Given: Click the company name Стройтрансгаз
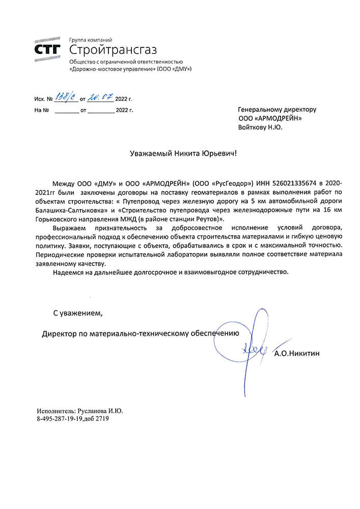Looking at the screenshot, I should (113, 50).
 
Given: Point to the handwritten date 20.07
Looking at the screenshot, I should (101, 97).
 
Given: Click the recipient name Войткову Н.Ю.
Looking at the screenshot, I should (260, 127).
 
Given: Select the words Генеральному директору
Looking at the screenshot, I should (277, 109).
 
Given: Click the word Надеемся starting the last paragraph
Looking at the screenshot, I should (67, 272).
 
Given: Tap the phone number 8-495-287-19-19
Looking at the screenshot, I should (59, 419).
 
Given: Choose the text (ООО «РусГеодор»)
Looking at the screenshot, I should (223, 183).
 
